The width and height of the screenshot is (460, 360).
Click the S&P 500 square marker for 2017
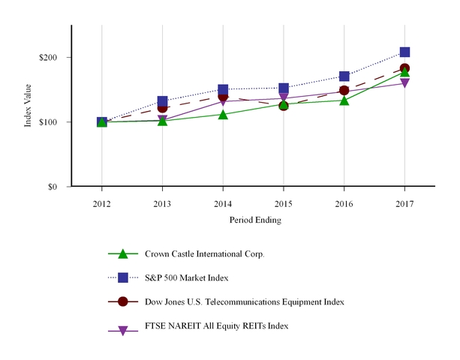[404, 52]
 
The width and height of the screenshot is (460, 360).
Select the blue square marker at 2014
[223, 90]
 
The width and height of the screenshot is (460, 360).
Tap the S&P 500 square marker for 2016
[344, 76]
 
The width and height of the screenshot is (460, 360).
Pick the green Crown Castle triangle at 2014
[223, 114]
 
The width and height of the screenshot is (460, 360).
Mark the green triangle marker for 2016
[344, 100]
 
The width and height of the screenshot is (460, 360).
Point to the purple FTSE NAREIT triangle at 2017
[404, 83]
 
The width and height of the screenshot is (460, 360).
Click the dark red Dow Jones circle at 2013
[163, 107]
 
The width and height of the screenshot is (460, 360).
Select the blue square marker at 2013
[163, 101]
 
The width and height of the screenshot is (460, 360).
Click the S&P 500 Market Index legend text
[186, 277]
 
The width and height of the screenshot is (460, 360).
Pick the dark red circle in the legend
[124, 301]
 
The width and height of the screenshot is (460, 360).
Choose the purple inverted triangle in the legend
[124, 326]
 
